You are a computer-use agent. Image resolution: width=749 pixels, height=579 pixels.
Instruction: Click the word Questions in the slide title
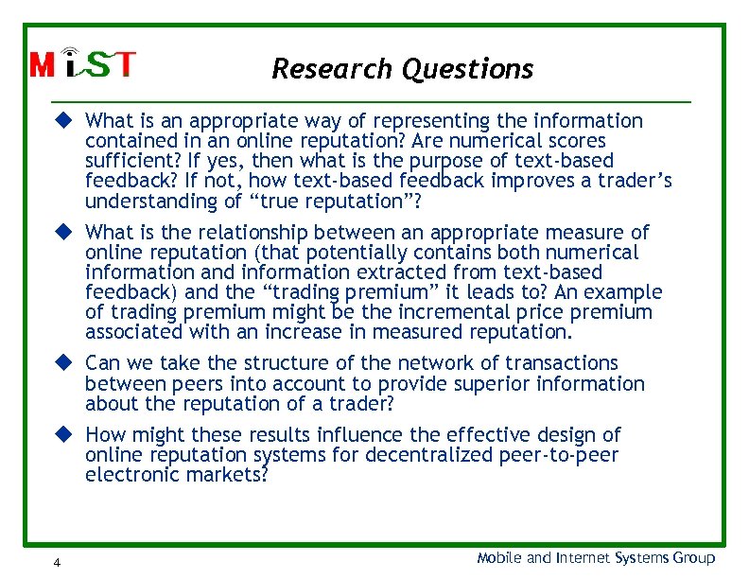pos(467,69)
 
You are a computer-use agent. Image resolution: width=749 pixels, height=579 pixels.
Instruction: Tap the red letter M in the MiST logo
pos(42,65)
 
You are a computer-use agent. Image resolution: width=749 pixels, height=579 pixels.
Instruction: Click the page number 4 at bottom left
pos(58,563)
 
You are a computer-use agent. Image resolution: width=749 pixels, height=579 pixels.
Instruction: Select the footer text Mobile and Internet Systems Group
pos(596,558)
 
